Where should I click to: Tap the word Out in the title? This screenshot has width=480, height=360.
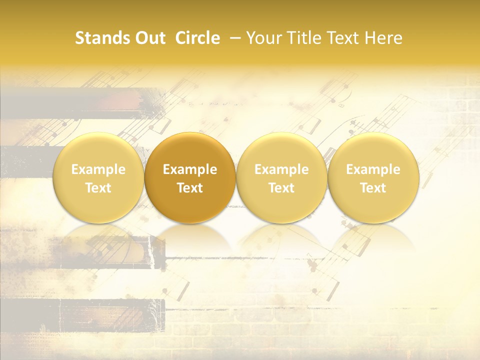(x=148, y=38)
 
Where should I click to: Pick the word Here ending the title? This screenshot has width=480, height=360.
(x=383, y=38)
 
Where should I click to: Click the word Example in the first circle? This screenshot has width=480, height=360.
(x=98, y=169)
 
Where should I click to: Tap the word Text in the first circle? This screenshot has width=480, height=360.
(x=98, y=188)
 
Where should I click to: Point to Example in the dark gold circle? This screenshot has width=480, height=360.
(x=190, y=169)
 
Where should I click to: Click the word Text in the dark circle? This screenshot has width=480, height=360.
(x=190, y=188)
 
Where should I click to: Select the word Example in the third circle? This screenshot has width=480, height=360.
(x=281, y=169)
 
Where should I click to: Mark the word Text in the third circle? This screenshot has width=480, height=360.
(x=281, y=188)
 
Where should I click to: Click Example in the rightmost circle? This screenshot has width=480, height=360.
(x=373, y=169)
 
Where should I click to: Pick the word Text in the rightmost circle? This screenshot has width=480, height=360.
(x=373, y=188)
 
